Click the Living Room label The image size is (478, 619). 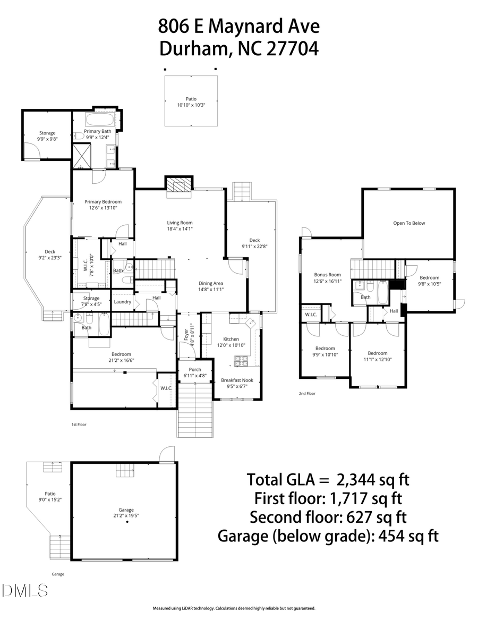point(180,223)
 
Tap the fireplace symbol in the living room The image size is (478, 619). point(177,184)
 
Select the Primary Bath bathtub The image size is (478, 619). point(100,120)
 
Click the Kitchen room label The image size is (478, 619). point(231,339)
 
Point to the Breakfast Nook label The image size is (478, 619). point(237,380)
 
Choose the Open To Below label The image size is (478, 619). point(409,223)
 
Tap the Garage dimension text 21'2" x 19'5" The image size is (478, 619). point(126,515)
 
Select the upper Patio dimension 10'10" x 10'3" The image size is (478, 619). point(191,105)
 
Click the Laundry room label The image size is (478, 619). point(123,302)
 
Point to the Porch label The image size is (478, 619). point(195,370)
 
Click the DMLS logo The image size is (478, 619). point(24,590)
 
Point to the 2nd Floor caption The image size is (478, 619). point(307,394)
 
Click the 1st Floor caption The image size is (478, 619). point(79,425)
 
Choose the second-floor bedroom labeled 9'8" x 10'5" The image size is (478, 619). point(430,281)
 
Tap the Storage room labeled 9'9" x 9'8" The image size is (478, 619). point(47,135)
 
